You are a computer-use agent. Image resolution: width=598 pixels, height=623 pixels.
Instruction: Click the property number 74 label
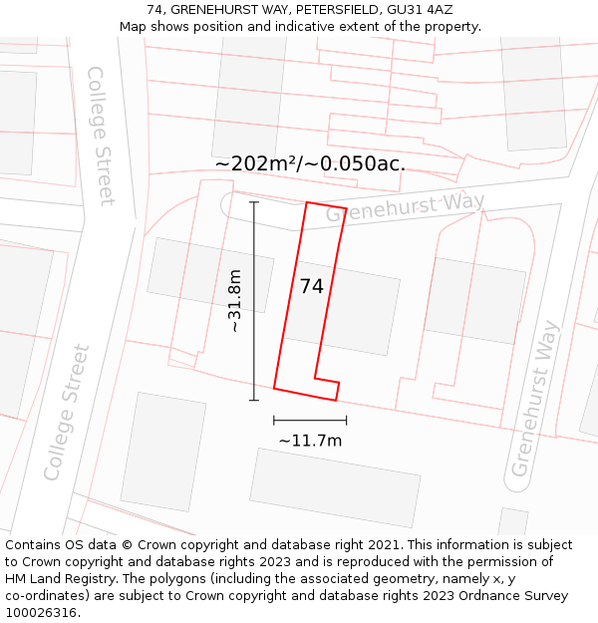point(311,286)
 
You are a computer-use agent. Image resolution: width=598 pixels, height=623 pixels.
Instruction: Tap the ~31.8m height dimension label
point(235,301)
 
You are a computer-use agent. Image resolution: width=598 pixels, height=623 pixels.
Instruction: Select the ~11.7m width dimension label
point(310,441)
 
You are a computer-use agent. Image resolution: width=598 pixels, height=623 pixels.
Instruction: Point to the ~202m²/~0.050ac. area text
point(310,164)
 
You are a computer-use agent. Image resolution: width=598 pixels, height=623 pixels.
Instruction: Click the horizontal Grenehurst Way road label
point(405,207)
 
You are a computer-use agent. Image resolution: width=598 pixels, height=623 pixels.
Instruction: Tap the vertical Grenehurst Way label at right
point(535,398)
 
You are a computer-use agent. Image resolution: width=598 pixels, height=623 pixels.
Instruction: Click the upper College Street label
point(102,136)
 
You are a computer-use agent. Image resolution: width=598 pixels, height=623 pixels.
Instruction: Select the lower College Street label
point(68,412)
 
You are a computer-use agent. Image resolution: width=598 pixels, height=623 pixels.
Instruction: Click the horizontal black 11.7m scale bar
point(310,421)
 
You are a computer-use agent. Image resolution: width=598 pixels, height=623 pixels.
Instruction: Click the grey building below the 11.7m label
point(335,486)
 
